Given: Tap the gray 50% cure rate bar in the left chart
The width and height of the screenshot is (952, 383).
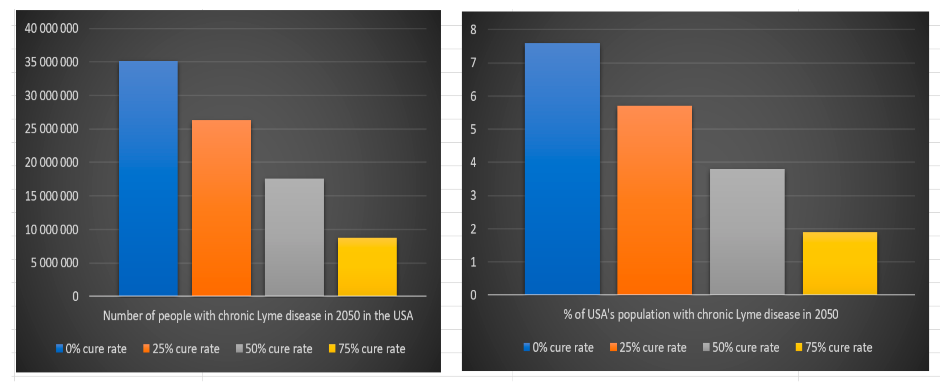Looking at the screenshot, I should point(294,237).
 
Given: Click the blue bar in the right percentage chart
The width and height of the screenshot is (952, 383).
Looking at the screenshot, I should point(562,169).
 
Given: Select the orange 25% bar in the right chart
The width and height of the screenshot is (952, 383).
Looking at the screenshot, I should point(654,200).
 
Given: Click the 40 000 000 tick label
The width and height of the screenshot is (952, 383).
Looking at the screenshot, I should point(51,28).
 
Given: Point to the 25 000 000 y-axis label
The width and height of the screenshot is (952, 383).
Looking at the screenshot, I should point(51,129).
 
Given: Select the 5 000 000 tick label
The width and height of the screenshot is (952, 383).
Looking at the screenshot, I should point(54,263).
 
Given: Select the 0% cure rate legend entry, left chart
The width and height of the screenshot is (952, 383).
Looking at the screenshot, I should point(91,349).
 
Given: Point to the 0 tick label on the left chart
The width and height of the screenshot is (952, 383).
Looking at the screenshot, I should point(75,296).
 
